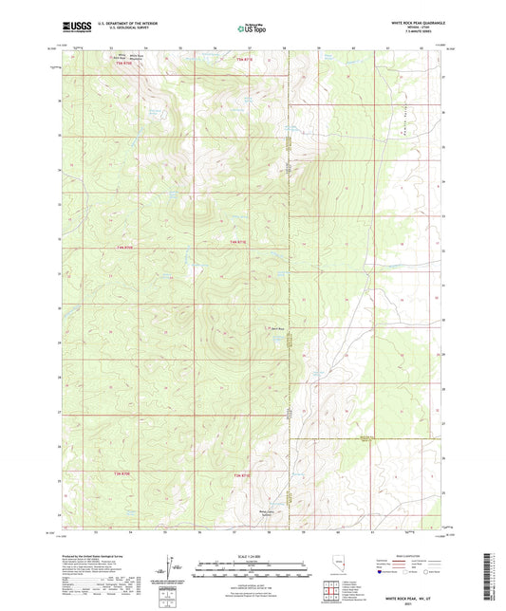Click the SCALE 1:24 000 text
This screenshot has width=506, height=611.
253,556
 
